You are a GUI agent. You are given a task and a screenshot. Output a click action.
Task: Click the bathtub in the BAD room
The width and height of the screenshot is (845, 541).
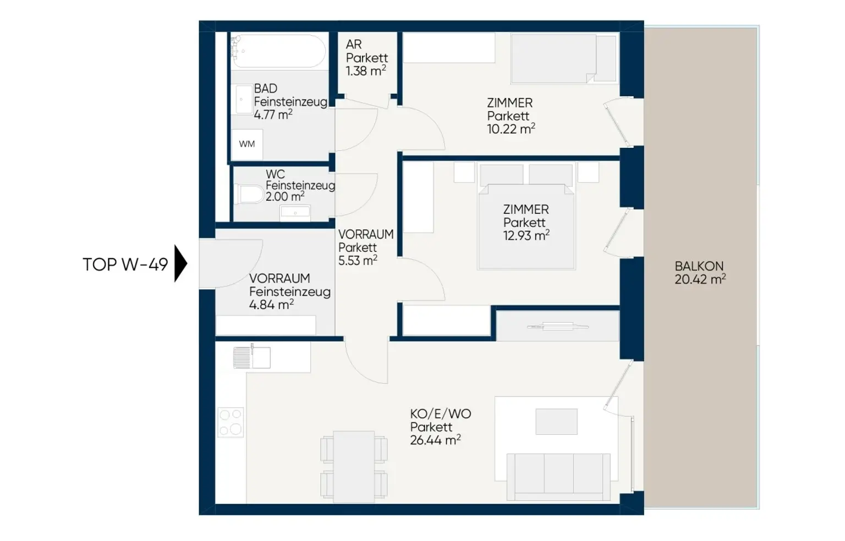(278, 51)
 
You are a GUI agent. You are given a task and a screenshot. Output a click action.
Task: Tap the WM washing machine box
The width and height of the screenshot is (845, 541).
(246, 145)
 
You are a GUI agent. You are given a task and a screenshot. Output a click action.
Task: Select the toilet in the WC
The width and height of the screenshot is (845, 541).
(249, 194)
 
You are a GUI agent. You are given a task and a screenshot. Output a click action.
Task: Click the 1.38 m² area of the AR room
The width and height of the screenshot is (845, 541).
(366, 70)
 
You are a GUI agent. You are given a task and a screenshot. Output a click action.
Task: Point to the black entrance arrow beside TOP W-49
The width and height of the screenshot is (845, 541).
(180, 263)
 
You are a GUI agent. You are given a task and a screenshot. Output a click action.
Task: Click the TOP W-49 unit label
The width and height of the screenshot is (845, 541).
(125, 264)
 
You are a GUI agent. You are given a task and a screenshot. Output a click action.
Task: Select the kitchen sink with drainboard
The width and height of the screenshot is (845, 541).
(251, 357)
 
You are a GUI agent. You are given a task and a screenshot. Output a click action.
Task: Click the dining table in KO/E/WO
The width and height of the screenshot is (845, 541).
(354, 467)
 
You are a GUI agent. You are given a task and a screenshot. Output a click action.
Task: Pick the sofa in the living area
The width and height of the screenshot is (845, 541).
(558, 477)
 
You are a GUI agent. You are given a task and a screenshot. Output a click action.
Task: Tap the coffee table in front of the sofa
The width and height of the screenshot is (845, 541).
(556, 422)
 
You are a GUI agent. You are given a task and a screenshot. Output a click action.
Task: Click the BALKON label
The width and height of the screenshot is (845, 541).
(699, 266)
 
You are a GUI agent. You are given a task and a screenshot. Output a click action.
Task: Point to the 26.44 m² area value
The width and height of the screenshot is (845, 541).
(435, 440)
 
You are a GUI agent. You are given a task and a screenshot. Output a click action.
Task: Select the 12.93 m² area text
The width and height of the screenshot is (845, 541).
(526, 236)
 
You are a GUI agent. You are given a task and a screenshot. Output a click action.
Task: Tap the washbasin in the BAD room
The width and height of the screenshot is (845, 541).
(244, 100)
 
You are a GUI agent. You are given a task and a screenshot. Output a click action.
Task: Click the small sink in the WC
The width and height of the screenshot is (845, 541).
(295, 213)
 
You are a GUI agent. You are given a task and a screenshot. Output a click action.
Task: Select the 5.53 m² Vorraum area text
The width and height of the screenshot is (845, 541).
(358, 261)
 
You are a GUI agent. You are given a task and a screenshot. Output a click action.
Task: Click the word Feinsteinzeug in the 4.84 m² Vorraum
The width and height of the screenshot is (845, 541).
(290, 292)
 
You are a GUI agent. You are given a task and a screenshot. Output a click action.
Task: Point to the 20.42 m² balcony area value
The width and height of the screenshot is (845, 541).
(700, 279)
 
